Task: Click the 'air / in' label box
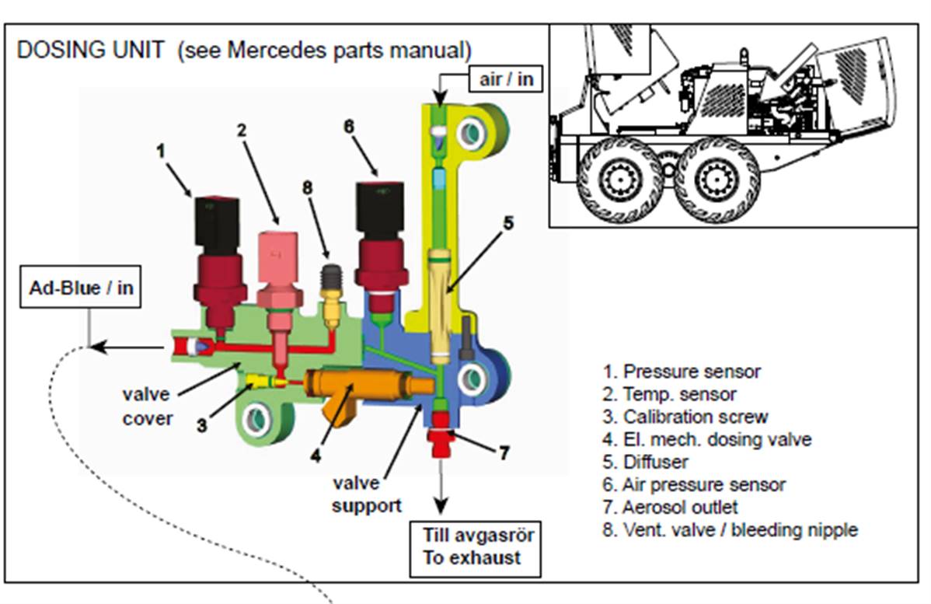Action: coord(507,79)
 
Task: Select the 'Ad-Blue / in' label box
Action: coord(82,288)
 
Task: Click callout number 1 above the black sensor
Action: coord(161,151)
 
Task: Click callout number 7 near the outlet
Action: coord(504,452)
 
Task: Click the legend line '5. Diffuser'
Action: coord(645,462)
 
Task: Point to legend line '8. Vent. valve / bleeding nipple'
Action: coord(730,530)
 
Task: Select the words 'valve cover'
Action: coord(147,407)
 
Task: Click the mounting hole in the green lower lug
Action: coord(255,421)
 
